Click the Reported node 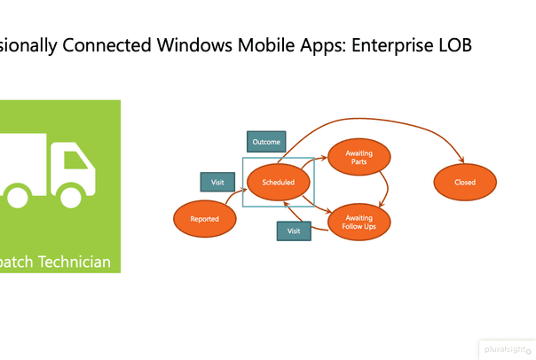tap(205, 218)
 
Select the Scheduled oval tap(278, 182)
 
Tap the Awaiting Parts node tap(359, 158)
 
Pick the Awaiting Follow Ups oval tap(359, 222)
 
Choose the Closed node tap(465, 182)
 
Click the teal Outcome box tap(265, 142)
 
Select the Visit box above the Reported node tap(217, 182)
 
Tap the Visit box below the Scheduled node tap(294, 231)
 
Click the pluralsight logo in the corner tap(508, 350)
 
